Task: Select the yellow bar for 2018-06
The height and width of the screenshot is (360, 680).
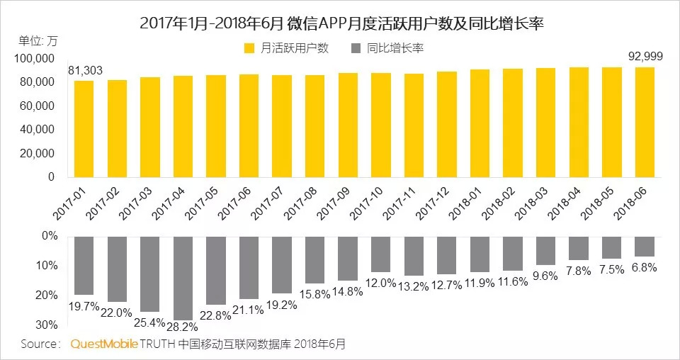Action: click(x=644, y=121)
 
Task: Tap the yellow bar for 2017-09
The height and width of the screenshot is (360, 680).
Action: click(x=348, y=125)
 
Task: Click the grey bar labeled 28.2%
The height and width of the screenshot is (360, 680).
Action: click(x=183, y=278)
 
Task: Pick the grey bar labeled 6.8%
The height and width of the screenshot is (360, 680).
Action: click(x=644, y=246)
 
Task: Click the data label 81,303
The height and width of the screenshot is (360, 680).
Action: click(x=84, y=70)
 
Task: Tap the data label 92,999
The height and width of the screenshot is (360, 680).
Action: click(x=645, y=56)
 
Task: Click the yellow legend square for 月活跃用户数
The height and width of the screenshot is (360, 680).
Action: click(x=249, y=48)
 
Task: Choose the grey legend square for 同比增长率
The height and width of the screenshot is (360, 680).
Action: click(x=355, y=48)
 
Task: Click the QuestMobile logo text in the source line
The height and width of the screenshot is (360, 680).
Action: click(x=104, y=344)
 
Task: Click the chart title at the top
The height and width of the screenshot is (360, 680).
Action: click(x=340, y=22)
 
